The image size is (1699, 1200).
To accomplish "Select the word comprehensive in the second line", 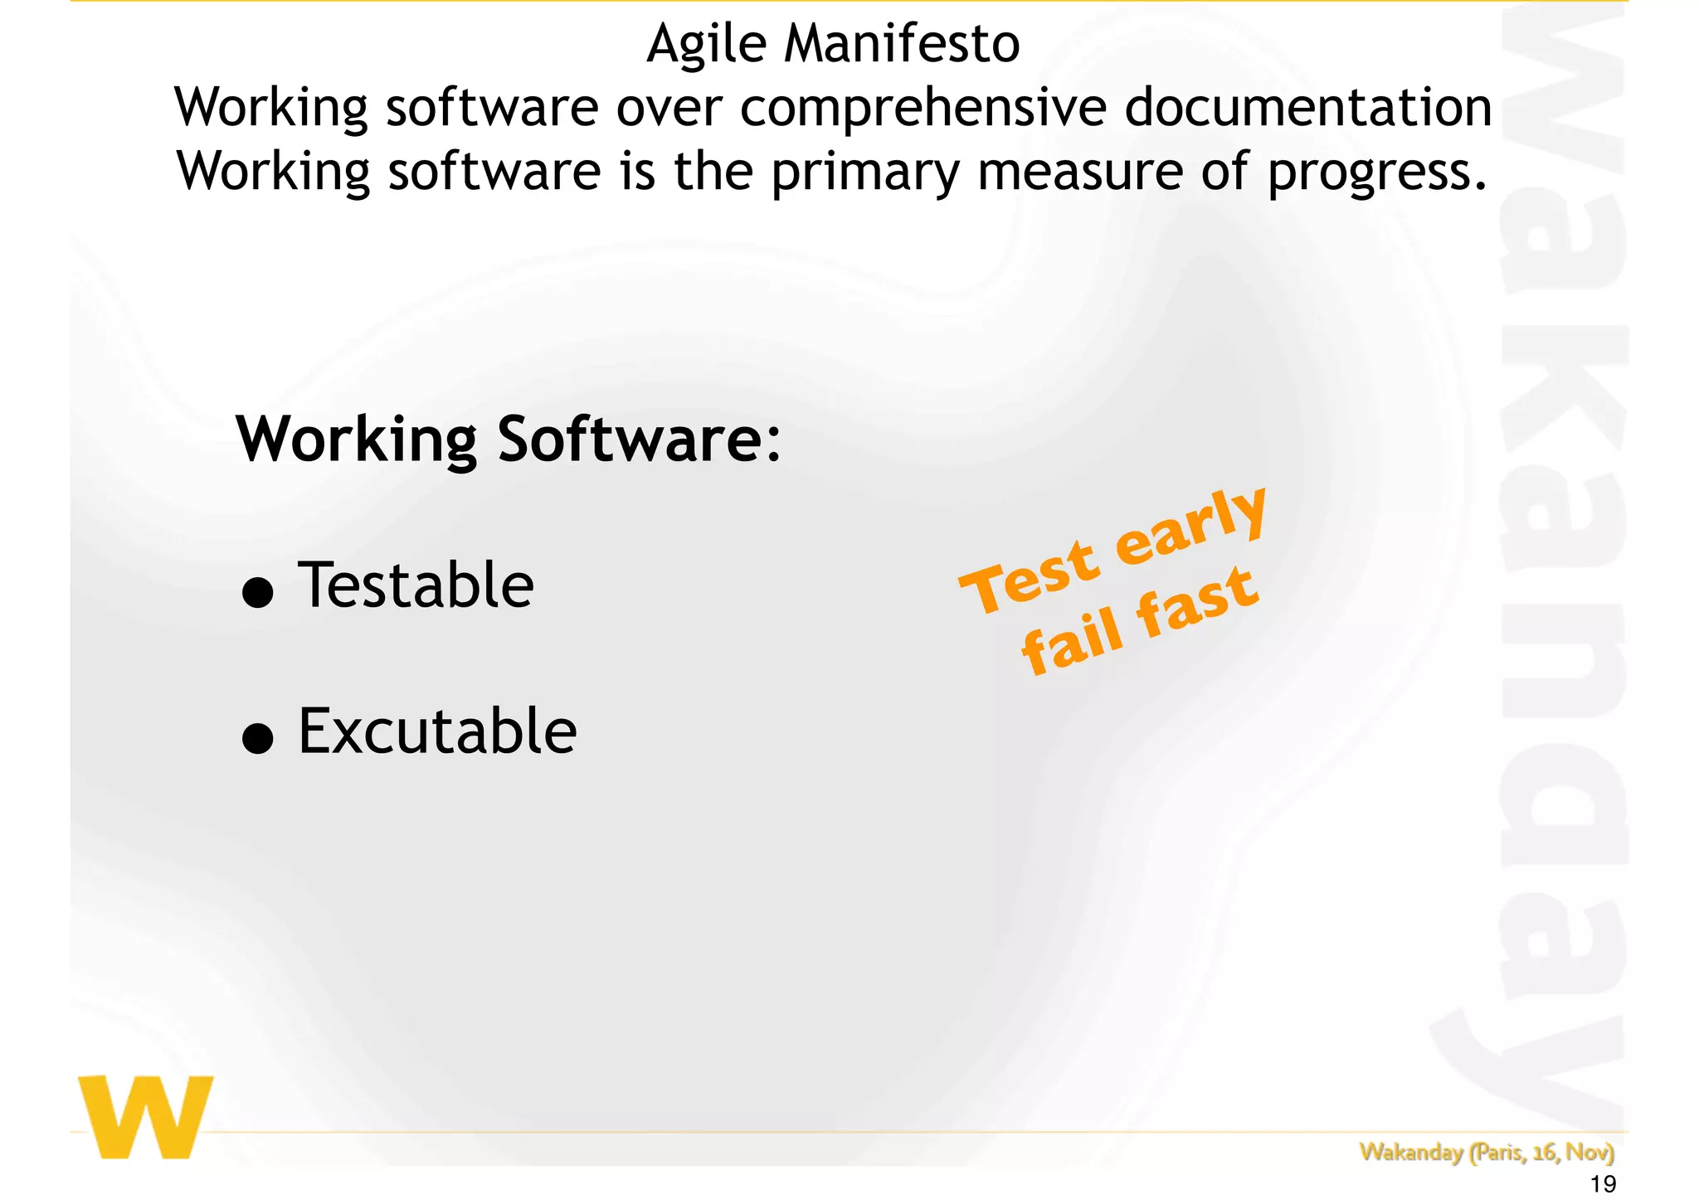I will [x=923, y=108].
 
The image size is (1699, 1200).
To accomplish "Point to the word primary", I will [x=864, y=172].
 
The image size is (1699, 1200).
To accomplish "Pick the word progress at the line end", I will [x=1375, y=172].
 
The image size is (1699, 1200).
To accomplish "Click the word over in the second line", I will [x=669, y=108].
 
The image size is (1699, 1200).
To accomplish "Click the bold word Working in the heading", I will [x=357, y=440].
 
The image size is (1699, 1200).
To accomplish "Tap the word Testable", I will [x=416, y=585].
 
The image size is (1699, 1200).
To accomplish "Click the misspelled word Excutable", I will [x=437, y=731].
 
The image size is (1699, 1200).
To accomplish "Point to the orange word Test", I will [x=1030, y=577].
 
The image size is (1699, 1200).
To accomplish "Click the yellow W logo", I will [x=146, y=1116].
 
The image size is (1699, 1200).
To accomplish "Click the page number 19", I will [x=1603, y=1184].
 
